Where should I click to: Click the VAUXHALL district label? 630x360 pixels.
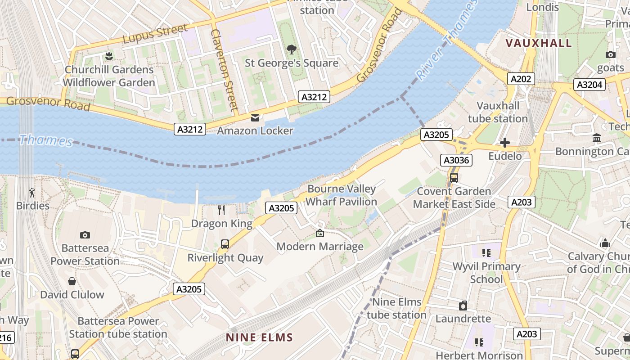pyautogui.click(x=539, y=43)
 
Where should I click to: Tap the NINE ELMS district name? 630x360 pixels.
pyautogui.click(x=259, y=337)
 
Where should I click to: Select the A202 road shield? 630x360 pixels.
pyautogui.click(x=521, y=79)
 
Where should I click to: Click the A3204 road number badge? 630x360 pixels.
pyautogui.click(x=589, y=85)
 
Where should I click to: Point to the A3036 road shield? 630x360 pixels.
pyautogui.click(x=456, y=160)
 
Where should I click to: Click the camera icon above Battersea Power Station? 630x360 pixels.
pyautogui.click(x=85, y=235)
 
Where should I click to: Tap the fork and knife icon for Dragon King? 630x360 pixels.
pyautogui.click(x=221, y=210)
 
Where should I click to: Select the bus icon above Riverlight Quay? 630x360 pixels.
pyautogui.click(x=225, y=244)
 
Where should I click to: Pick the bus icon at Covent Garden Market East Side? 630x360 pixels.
pyautogui.click(x=454, y=178)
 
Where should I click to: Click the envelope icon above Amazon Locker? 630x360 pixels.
pyautogui.click(x=255, y=118)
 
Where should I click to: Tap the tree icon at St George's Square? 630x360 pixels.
pyautogui.click(x=291, y=49)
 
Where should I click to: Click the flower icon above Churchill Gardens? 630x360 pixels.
pyautogui.click(x=108, y=56)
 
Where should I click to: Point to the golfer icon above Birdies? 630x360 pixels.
pyautogui.click(x=32, y=193)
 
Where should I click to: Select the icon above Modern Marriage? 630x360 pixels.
pyautogui.click(x=320, y=233)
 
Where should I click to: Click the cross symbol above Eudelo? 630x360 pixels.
pyautogui.click(x=505, y=143)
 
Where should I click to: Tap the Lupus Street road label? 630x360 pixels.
pyautogui.click(x=155, y=34)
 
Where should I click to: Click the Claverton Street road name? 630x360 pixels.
pyautogui.click(x=224, y=70)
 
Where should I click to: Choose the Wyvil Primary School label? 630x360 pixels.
pyautogui.click(x=486, y=273)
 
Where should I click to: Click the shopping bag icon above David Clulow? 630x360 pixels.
pyautogui.click(x=72, y=282)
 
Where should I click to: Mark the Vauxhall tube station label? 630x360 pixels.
pyautogui.click(x=498, y=112)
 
